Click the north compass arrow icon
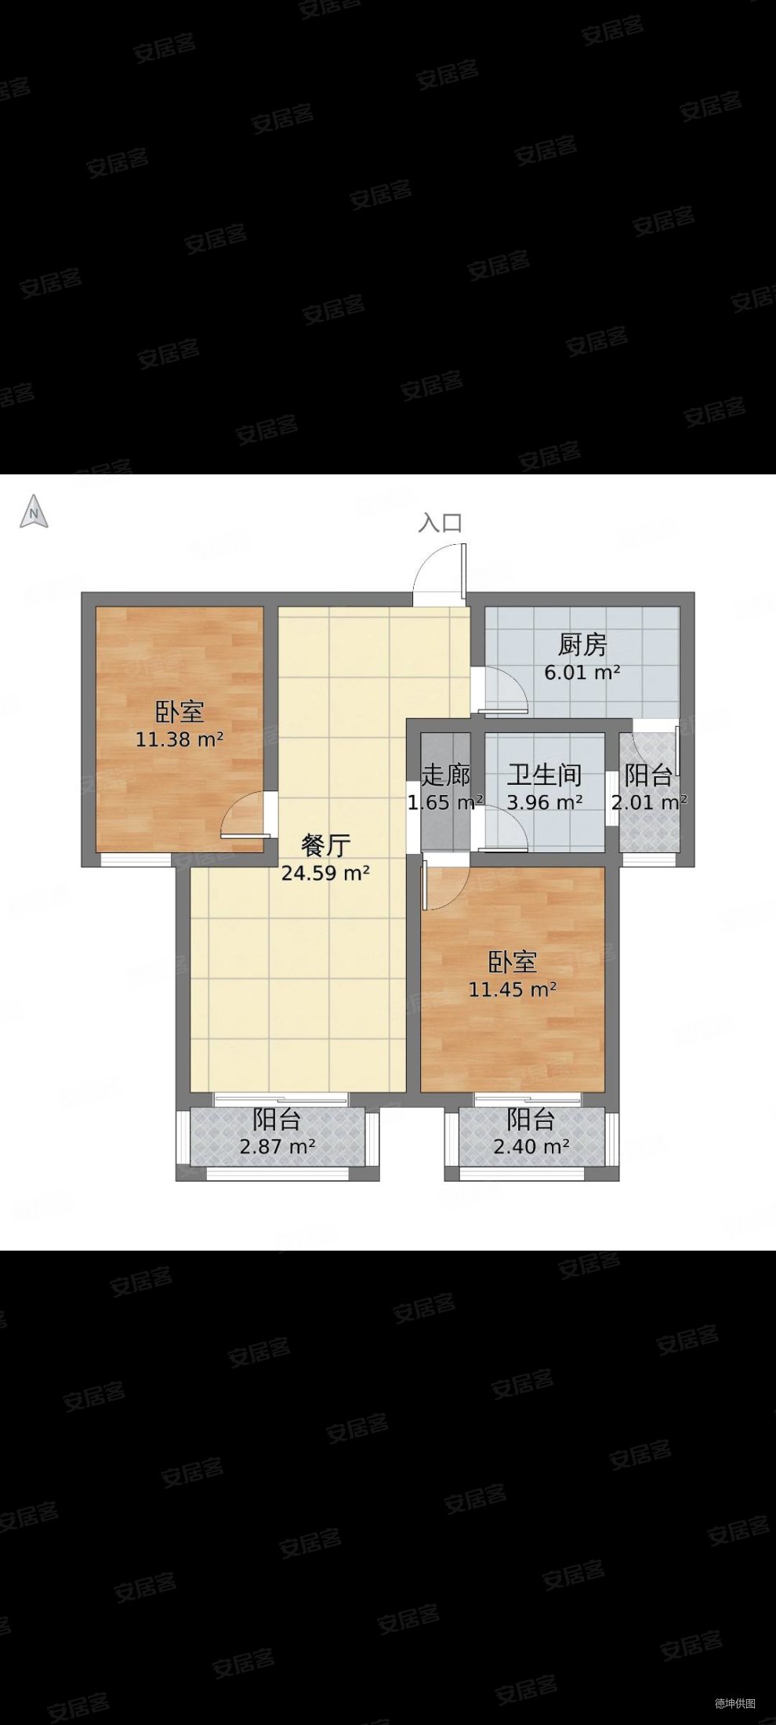coord(34,512)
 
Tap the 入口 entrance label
coord(440,523)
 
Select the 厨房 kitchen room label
coord(582,645)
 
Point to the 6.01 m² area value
coord(582,673)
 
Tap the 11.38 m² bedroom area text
coord(179,739)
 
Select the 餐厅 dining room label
coord(325,845)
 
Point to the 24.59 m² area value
coord(325,873)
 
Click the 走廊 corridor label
coord(445,775)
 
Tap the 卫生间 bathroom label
coord(544,775)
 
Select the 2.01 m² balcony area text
coord(649,803)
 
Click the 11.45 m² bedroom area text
coord(513,990)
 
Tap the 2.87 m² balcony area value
coord(277,1147)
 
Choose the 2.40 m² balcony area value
coord(531,1147)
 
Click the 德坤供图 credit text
coord(734,1703)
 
